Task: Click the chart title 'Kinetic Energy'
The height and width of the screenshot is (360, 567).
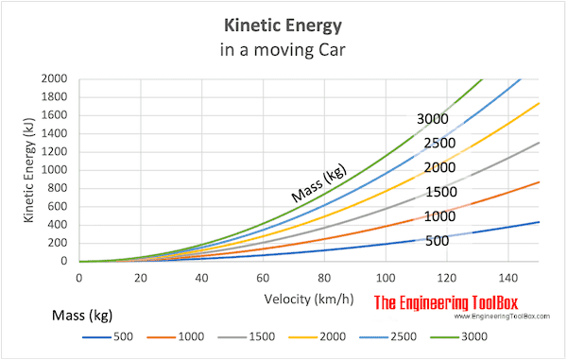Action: point(283,26)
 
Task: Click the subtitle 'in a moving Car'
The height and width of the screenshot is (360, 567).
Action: point(283,49)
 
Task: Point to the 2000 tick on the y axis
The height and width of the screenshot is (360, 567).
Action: point(54,78)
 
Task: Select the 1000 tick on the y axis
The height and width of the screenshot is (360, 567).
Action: point(54,170)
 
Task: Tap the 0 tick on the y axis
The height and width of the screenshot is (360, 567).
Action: point(64,261)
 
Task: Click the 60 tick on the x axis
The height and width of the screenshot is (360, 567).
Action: point(263,278)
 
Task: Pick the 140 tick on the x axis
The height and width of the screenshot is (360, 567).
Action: point(508,278)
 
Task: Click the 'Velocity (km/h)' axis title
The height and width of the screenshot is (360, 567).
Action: point(309,300)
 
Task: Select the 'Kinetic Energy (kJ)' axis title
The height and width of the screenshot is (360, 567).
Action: point(29,170)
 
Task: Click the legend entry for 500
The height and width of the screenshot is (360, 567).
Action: point(108,337)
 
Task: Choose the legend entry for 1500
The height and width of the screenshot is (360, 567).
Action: point(247,337)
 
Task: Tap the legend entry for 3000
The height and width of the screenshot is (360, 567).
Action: point(459,337)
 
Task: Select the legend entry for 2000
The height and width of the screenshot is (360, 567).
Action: point(318,337)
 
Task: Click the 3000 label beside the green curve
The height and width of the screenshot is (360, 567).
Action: point(433,119)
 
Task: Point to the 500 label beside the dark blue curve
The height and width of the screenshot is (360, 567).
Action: point(438,241)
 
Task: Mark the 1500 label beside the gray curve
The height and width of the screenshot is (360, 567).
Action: point(441,192)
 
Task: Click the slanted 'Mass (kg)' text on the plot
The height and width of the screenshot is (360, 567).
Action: point(319,183)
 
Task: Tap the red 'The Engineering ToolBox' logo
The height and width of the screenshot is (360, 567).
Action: point(446,302)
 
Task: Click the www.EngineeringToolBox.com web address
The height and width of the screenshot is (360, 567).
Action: point(502,317)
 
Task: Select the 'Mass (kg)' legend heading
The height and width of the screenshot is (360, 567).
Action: point(82,316)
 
